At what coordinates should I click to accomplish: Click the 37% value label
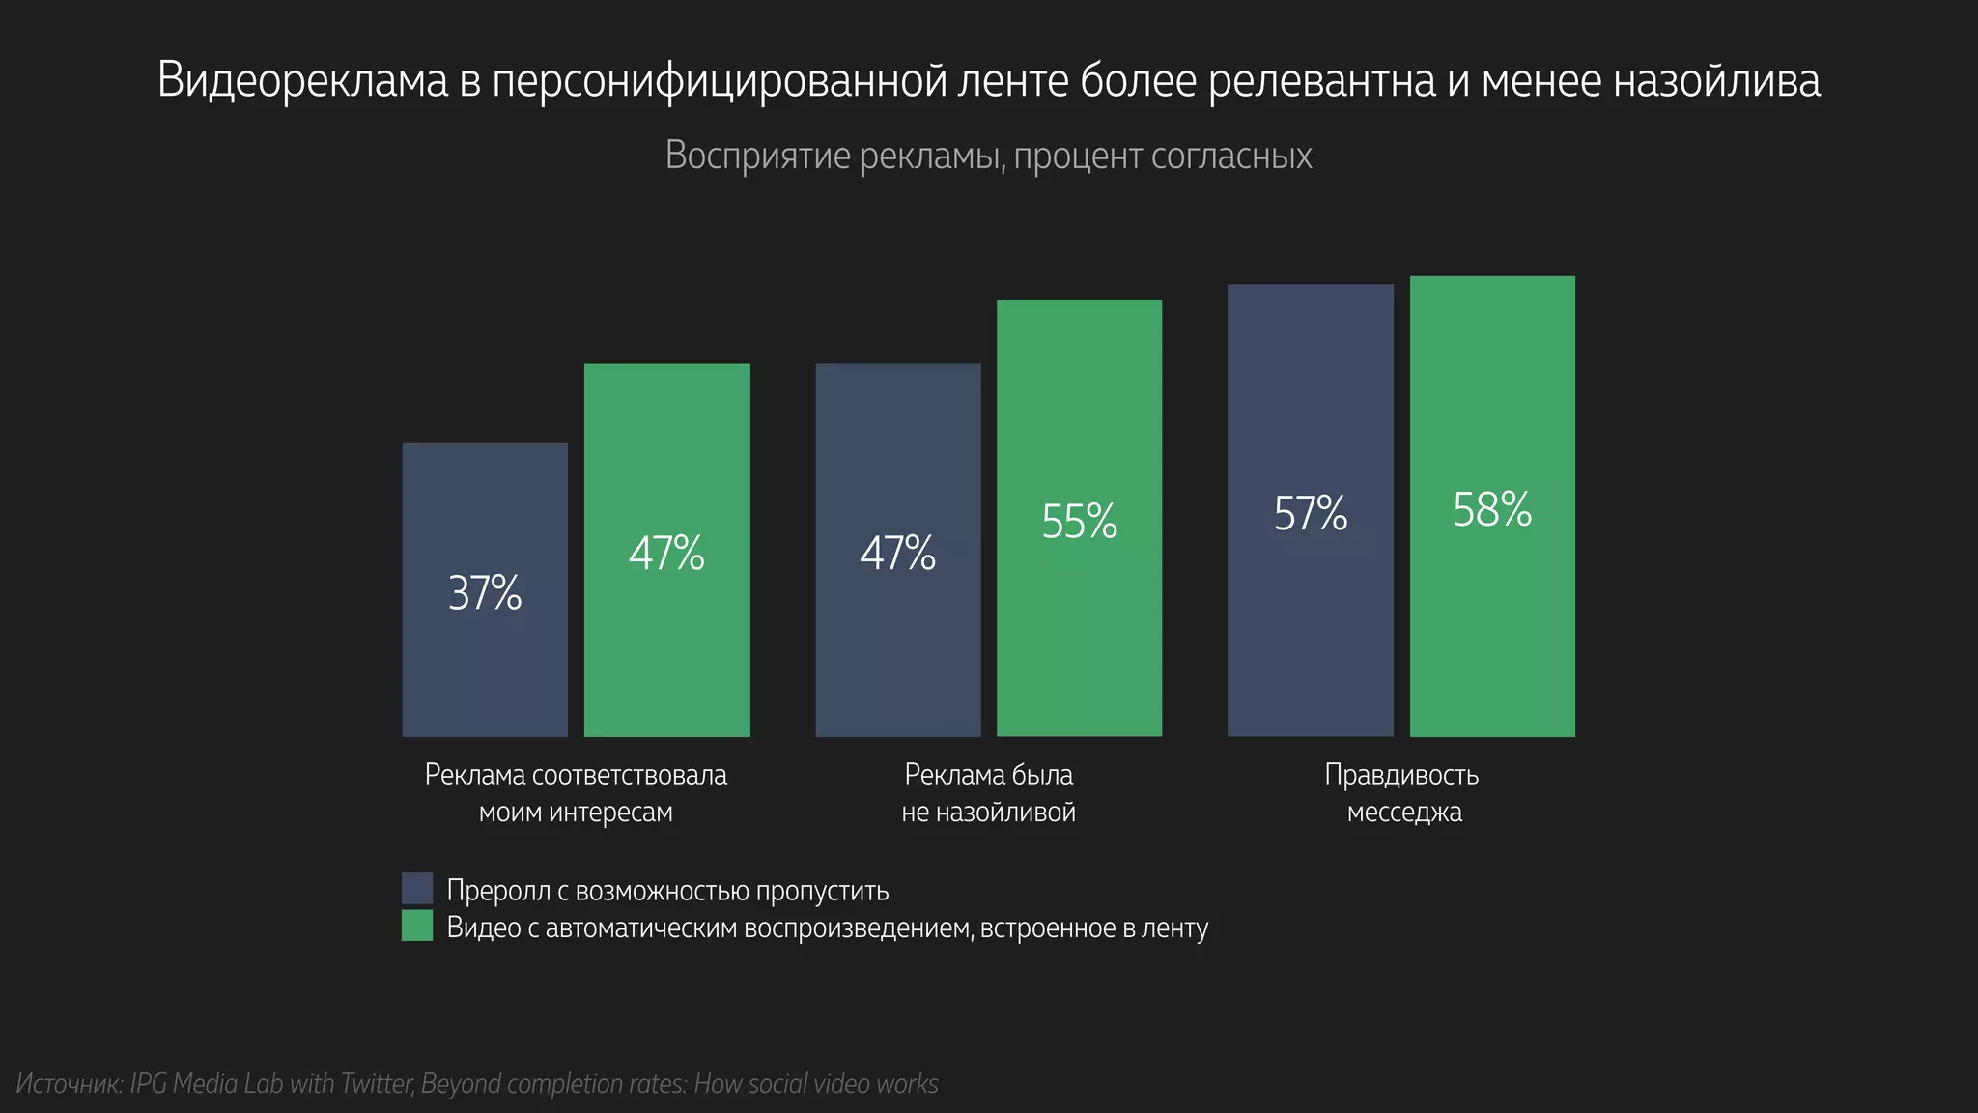point(485,593)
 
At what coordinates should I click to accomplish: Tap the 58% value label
point(1492,510)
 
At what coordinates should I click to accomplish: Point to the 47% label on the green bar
point(666,554)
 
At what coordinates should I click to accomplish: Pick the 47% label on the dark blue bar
point(897,554)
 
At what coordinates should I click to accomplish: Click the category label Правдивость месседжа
point(1402,793)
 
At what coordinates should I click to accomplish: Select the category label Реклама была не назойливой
point(988,793)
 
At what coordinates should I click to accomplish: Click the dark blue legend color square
point(417,889)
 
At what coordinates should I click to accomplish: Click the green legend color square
point(417,927)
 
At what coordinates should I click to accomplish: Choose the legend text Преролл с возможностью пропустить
point(667,890)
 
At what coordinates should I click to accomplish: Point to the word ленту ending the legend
point(1174,928)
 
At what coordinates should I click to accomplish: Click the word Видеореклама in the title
point(302,81)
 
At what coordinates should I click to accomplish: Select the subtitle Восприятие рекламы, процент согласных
point(988,157)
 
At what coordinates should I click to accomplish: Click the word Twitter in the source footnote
point(375,1084)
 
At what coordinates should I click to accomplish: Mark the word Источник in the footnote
point(69,1084)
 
